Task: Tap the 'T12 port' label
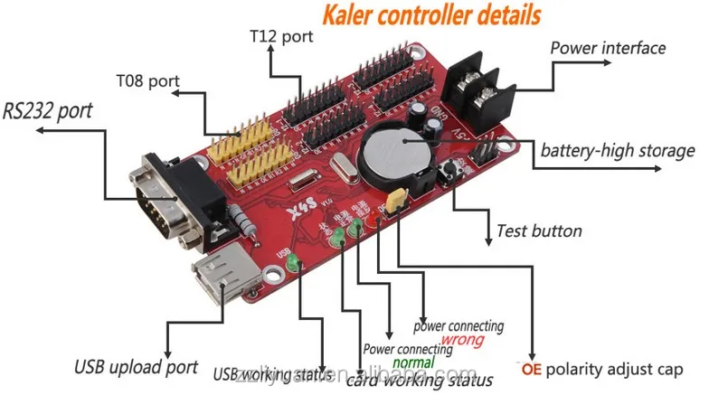click(280, 37)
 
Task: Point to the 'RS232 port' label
click(47, 113)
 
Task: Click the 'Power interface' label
click(608, 48)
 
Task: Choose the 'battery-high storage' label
click(618, 151)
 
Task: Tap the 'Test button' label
click(539, 230)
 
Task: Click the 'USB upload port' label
click(136, 367)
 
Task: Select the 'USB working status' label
click(268, 372)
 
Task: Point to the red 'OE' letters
click(530, 370)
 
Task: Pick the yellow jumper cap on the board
click(394, 202)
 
